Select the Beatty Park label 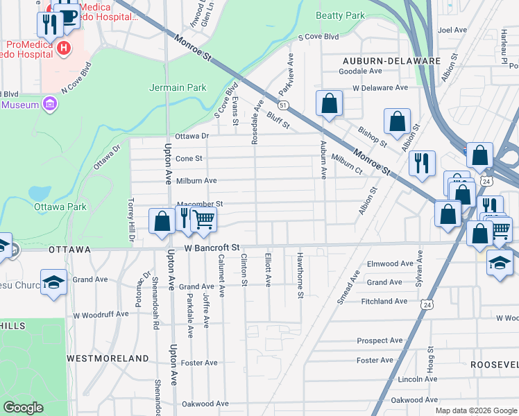coord(339,15)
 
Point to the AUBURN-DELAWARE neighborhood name coord(391,61)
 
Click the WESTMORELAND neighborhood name coord(108,358)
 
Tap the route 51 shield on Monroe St coord(284,105)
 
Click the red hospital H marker coord(63,48)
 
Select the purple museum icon coord(49,105)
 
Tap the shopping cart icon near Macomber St coord(203,220)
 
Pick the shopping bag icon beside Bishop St coord(396,121)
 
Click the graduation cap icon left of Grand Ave coord(53,282)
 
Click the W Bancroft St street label coord(212,247)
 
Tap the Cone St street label coord(189,158)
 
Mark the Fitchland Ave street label coord(384,302)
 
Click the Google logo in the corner coord(23,407)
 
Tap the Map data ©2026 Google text coord(475,410)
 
